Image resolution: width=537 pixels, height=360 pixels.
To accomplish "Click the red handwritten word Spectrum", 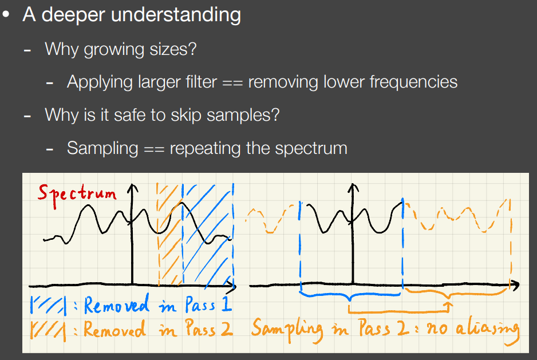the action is (x=77, y=195).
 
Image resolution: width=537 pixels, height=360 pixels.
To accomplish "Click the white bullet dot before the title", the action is (x=6, y=15).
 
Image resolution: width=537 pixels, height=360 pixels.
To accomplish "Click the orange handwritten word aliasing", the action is (x=488, y=330).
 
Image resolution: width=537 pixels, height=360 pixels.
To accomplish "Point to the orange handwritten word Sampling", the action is (x=287, y=330).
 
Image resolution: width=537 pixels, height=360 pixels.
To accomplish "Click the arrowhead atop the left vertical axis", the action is (x=132, y=189).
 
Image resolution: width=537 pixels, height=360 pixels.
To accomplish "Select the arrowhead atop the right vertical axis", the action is (x=353, y=189).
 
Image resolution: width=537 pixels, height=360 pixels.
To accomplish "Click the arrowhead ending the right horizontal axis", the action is (x=515, y=284).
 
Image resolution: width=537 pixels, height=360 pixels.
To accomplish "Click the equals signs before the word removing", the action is (x=232, y=83).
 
